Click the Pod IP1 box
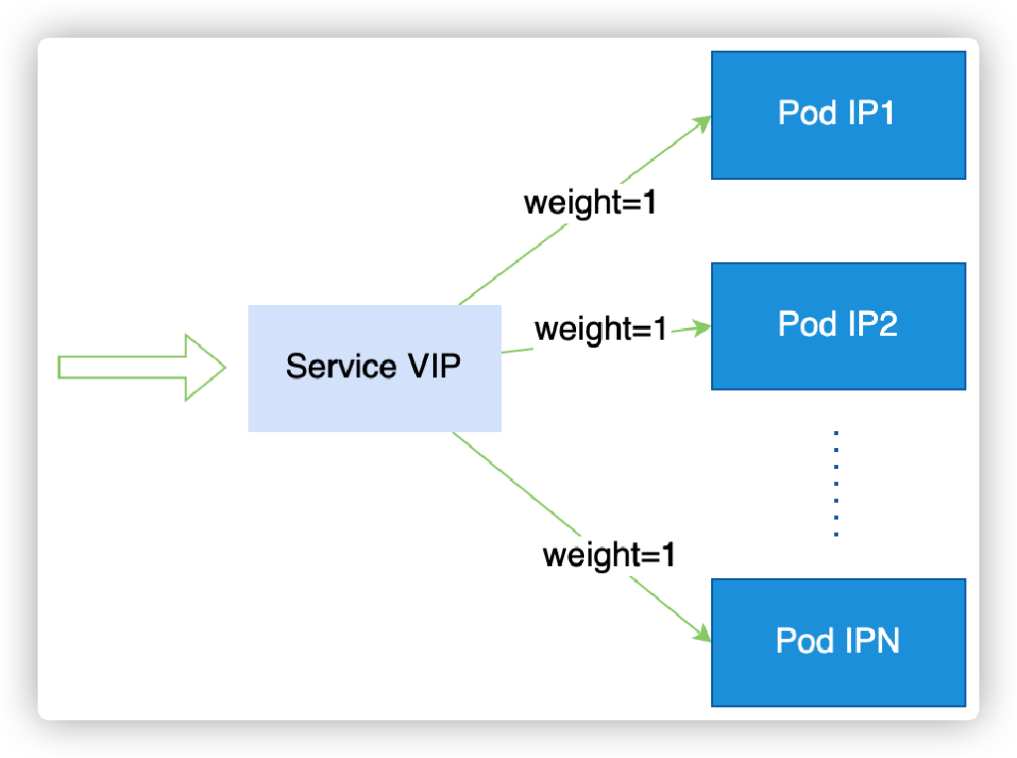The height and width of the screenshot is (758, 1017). [x=838, y=115]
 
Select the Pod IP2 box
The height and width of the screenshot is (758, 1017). [x=838, y=326]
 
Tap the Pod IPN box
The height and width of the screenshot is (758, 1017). [x=838, y=642]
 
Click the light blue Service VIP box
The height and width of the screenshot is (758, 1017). [x=374, y=368]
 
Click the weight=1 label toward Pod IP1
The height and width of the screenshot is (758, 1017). [x=590, y=203]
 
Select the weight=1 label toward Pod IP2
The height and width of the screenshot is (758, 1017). [x=600, y=329]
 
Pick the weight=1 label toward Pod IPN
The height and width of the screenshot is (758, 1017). [x=609, y=554]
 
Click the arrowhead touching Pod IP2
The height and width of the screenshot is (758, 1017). [x=703, y=327]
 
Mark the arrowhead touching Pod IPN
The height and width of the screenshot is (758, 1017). [x=702, y=635]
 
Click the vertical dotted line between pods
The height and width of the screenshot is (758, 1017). [x=836, y=484]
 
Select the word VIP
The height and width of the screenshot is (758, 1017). [x=434, y=367]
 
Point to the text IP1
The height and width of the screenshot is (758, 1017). [x=871, y=113]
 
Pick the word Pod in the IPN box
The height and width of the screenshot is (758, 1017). [x=804, y=641]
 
